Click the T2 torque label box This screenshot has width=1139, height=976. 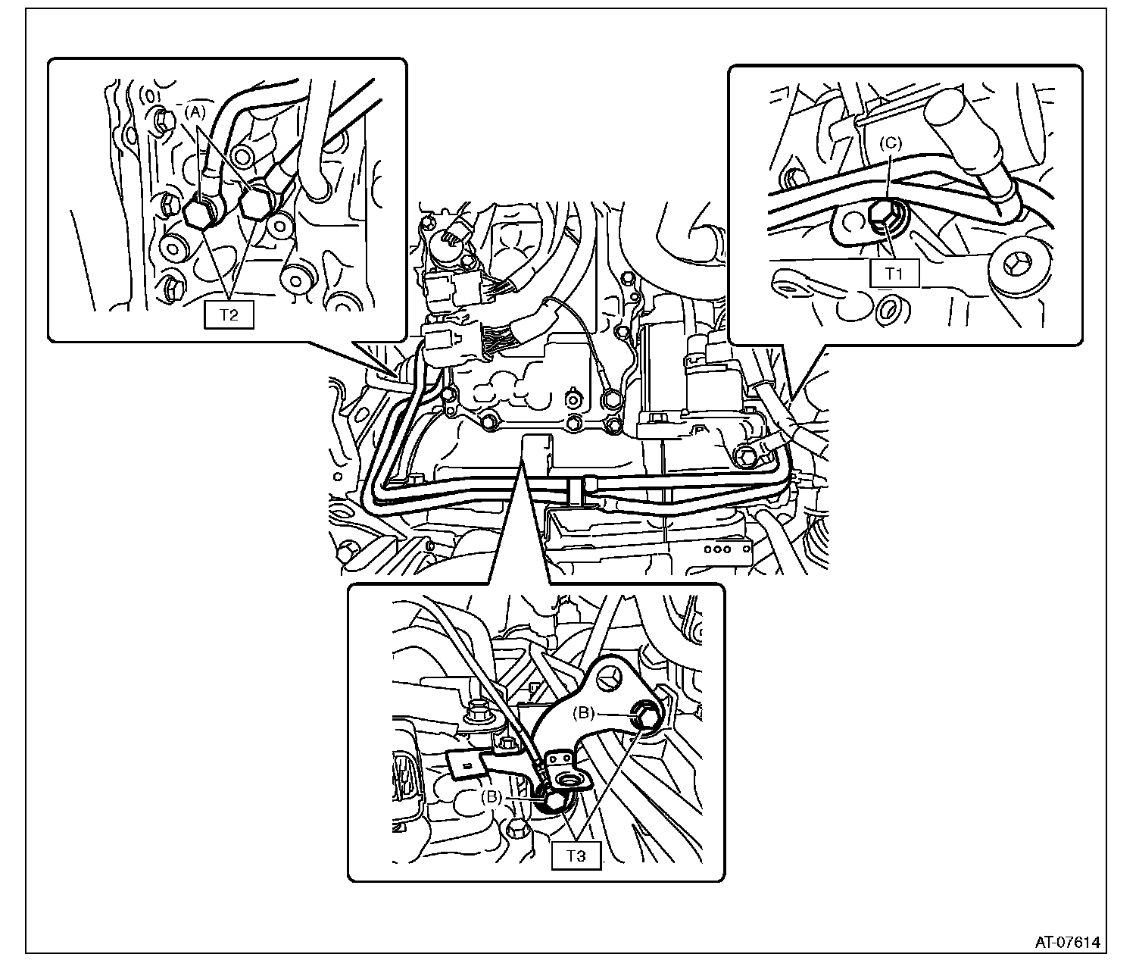[x=229, y=315]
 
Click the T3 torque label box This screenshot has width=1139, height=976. [x=576, y=856]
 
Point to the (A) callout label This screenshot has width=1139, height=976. [x=195, y=112]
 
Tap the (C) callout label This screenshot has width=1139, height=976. [x=891, y=143]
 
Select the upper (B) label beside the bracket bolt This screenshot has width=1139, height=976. [x=584, y=713]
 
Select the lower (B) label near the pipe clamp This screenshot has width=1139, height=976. [x=491, y=797]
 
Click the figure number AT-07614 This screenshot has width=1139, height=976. [x=1067, y=943]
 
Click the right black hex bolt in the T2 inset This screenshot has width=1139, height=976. [x=256, y=203]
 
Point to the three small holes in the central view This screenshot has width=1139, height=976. [x=717, y=549]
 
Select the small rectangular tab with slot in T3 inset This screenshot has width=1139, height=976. [x=465, y=765]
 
